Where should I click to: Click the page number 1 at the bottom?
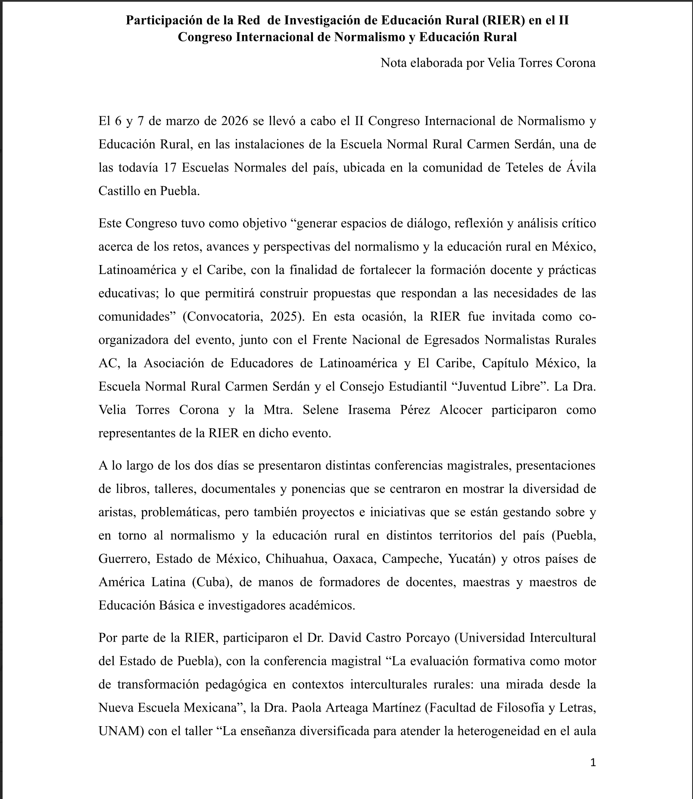[x=593, y=763]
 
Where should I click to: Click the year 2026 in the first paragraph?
[x=234, y=121]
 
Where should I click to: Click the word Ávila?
[x=581, y=168]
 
